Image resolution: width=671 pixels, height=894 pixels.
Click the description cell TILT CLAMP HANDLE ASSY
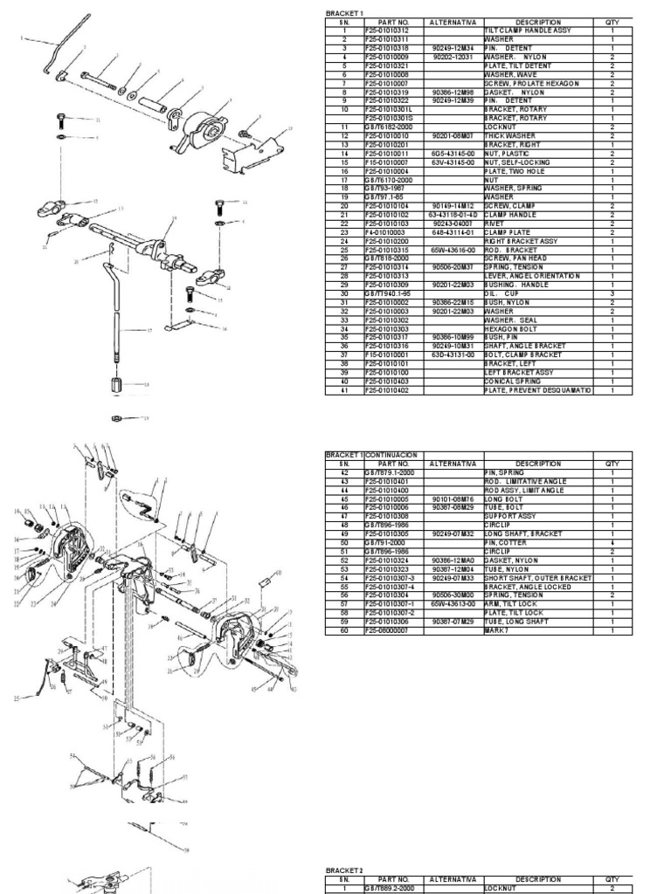(528, 31)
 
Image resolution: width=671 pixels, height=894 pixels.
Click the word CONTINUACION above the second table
(392, 455)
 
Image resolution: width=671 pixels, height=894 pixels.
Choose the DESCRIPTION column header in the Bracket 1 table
(537, 22)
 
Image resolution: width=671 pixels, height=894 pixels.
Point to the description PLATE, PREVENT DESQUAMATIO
(537, 389)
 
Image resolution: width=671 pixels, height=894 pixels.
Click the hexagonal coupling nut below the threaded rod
(116, 385)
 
